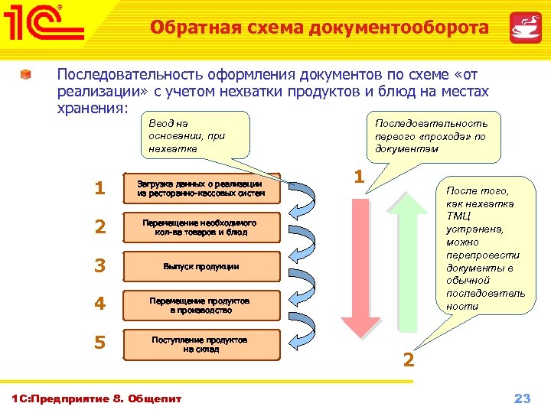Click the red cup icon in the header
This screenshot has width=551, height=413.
coord(526,28)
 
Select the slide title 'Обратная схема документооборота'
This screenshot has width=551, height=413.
coord(319,28)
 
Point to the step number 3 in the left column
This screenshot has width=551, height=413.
coord(99,266)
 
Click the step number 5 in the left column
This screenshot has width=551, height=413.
coord(99,342)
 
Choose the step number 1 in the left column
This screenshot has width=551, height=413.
coord(99,188)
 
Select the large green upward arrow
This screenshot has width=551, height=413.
coord(414,260)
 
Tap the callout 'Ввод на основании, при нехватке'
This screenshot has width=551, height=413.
coord(196,135)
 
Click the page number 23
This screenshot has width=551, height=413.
coord(522,398)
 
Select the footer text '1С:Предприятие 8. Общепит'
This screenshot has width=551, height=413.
coord(98,398)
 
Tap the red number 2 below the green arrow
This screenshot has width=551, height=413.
coord(409,359)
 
